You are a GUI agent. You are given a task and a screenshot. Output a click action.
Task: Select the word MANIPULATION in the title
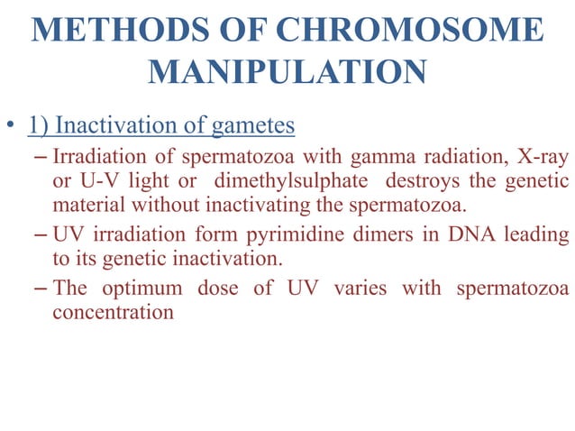(287, 71)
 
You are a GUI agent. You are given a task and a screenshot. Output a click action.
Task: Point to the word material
(87, 206)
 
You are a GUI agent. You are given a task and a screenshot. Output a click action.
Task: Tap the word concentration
(113, 313)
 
